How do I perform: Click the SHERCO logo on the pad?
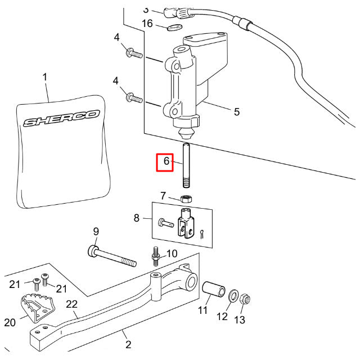61,118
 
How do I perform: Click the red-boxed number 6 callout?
165,163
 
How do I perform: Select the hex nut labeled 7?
186,199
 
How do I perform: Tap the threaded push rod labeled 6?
186,165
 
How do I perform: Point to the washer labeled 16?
175,28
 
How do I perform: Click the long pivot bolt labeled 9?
112,256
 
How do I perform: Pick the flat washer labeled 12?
233,296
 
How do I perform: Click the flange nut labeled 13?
245,299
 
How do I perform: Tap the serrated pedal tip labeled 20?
38,307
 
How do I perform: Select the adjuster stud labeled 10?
156,256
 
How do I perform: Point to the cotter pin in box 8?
201,234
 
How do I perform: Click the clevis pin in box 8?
166,223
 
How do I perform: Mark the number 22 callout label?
72,304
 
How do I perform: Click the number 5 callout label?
237,112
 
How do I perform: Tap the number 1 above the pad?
45,77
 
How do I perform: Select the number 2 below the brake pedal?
128,344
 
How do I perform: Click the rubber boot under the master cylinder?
186,133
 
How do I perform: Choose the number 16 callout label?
147,24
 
